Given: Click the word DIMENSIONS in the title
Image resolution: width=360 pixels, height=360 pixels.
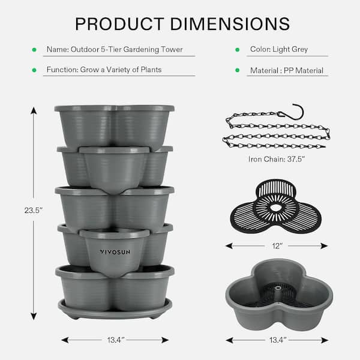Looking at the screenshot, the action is [230, 24].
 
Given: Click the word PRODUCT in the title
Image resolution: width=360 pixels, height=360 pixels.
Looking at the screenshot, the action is [119, 24].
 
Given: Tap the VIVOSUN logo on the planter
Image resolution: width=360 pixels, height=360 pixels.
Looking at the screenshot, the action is [115, 252].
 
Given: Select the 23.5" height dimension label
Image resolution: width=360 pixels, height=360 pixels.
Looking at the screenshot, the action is [34, 210].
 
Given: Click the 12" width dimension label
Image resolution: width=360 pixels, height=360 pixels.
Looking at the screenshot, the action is [277, 246].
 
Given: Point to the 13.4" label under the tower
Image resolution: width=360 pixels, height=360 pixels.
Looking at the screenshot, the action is [116, 340].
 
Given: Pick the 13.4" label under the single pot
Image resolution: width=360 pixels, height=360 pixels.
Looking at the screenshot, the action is [278, 340].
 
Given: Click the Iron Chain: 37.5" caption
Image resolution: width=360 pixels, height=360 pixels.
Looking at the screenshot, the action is [277, 159].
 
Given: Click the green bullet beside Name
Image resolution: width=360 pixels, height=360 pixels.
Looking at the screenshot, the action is [34, 50].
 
